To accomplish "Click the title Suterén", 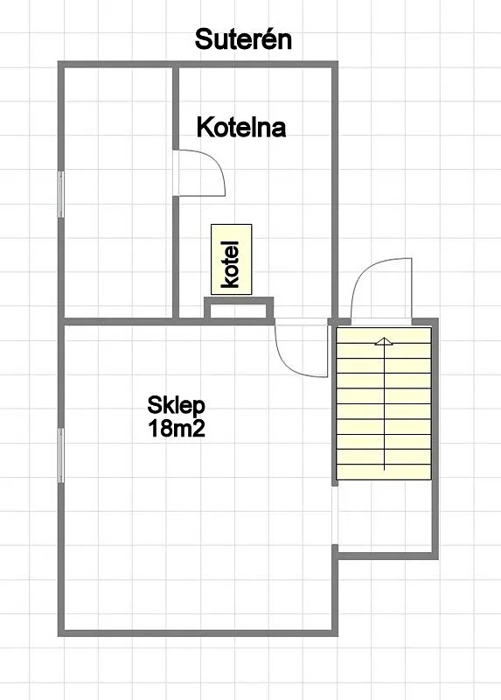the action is [x=243, y=39].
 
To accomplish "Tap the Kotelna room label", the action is [x=241, y=127].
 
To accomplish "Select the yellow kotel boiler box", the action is [x=232, y=259].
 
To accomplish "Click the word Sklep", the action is [x=177, y=405].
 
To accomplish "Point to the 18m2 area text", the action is [x=177, y=428].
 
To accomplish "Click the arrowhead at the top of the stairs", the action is [x=384, y=341].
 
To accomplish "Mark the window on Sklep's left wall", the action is [x=61, y=455].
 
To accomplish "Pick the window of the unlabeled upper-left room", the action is [x=61, y=194].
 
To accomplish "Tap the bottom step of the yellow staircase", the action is [x=384, y=472].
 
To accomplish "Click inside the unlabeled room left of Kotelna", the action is [x=118, y=192].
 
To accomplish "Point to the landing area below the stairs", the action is [x=385, y=516].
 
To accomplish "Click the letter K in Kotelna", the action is [x=204, y=127].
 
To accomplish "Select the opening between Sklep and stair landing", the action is [x=335, y=514].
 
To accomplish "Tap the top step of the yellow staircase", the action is [x=384, y=335].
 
